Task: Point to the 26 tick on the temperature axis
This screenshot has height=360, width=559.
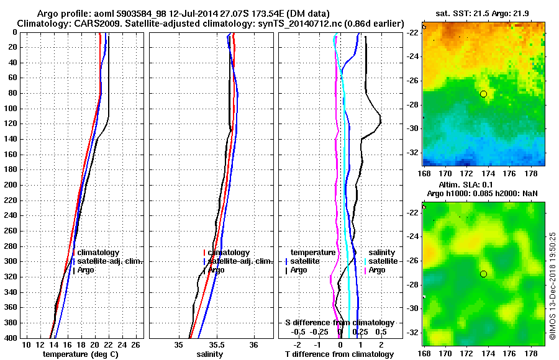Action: point(135,344)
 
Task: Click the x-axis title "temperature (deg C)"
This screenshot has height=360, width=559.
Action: point(80,354)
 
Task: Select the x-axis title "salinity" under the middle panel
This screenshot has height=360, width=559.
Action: point(211,354)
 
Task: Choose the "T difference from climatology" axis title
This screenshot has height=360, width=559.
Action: point(339,354)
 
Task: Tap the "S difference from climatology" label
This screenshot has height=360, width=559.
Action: point(339,323)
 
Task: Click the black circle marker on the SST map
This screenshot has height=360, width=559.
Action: point(483,94)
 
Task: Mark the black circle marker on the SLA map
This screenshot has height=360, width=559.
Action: point(483,274)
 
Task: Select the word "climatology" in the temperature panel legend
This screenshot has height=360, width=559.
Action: point(98,253)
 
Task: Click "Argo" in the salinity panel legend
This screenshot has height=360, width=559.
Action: point(217,270)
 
